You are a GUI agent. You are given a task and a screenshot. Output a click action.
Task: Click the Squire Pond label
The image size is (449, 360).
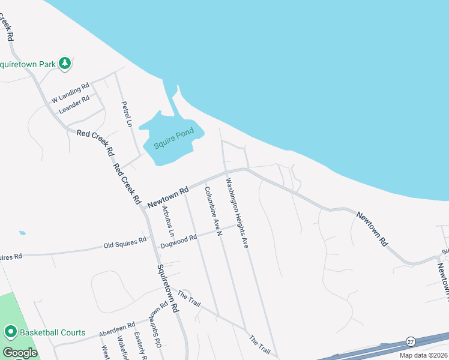(x=174, y=141)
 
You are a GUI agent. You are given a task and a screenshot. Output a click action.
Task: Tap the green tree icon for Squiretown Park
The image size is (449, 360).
(x=65, y=63)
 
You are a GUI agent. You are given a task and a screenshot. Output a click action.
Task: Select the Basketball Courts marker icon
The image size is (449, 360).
(x=10, y=332)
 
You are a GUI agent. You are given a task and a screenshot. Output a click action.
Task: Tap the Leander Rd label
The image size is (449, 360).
(x=74, y=104)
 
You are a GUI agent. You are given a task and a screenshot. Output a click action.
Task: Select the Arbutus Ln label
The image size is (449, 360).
(x=167, y=221)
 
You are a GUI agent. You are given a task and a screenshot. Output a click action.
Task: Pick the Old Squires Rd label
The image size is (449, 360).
(x=125, y=244)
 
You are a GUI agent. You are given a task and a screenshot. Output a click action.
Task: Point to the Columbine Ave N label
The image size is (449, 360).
(x=212, y=211)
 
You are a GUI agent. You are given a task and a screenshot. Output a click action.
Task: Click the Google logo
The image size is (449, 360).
(x=19, y=353)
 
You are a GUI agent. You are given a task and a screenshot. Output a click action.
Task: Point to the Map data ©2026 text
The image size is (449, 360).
(x=423, y=355)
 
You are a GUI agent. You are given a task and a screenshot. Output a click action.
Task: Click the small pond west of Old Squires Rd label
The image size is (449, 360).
(x=22, y=233)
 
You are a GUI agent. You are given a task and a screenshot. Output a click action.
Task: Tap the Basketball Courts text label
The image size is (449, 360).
(x=53, y=332)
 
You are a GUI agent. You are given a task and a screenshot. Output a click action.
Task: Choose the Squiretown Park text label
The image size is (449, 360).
(x=27, y=64)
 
